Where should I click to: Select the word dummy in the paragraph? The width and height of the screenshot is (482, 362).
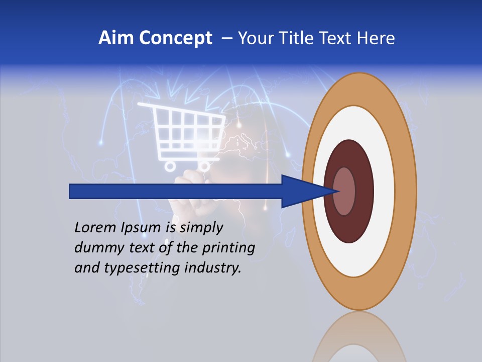pos(95,248)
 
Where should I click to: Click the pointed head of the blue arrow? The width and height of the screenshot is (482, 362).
pos(306,191)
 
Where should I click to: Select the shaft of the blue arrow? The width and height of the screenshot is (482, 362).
pos(176,191)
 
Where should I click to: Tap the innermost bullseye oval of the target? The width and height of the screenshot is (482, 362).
pos(344,191)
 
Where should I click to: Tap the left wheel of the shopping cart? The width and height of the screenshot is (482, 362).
pos(170,165)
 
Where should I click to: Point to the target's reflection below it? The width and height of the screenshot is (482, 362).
pos(358,342)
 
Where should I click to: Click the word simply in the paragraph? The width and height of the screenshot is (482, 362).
pos(201,228)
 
